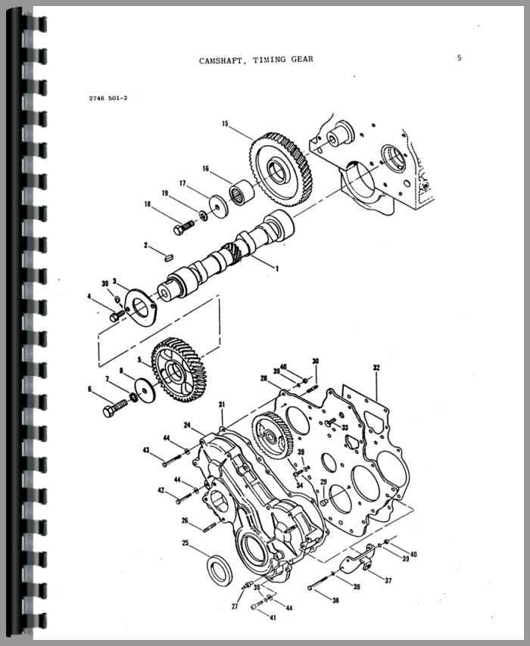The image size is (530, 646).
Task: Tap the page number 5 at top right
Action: [x=459, y=57]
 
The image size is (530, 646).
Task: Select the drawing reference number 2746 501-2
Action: [x=108, y=98]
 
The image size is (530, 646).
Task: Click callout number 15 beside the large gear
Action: [x=225, y=123]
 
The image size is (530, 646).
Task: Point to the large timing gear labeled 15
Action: [x=281, y=169]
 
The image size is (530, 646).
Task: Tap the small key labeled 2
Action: [x=168, y=257]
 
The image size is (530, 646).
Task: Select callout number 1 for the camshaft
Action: [x=277, y=269]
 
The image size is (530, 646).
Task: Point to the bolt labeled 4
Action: [x=117, y=315]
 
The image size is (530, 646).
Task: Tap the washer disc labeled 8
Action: [x=145, y=390]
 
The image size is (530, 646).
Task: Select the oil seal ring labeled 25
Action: [x=220, y=570]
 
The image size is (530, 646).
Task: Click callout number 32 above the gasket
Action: [x=376, y=368]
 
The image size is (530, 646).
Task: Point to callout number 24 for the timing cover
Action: [x=187, y=425]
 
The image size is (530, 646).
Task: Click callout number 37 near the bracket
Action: [x=388, y=580]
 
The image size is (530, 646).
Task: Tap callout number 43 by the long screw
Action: [x=146, y=450]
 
